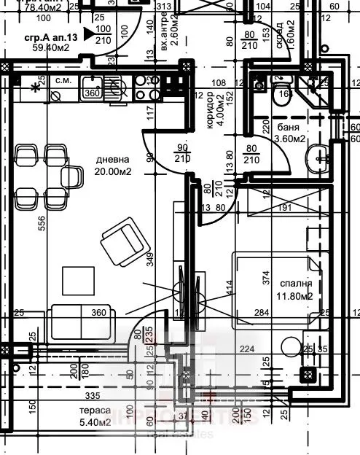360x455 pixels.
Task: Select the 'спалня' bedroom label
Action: (x=295, y=284)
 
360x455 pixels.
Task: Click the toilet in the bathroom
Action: (x=281, y=95)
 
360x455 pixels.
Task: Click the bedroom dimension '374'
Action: (x=266, y=277)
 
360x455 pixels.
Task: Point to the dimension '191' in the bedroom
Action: (x=286, y=208)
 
